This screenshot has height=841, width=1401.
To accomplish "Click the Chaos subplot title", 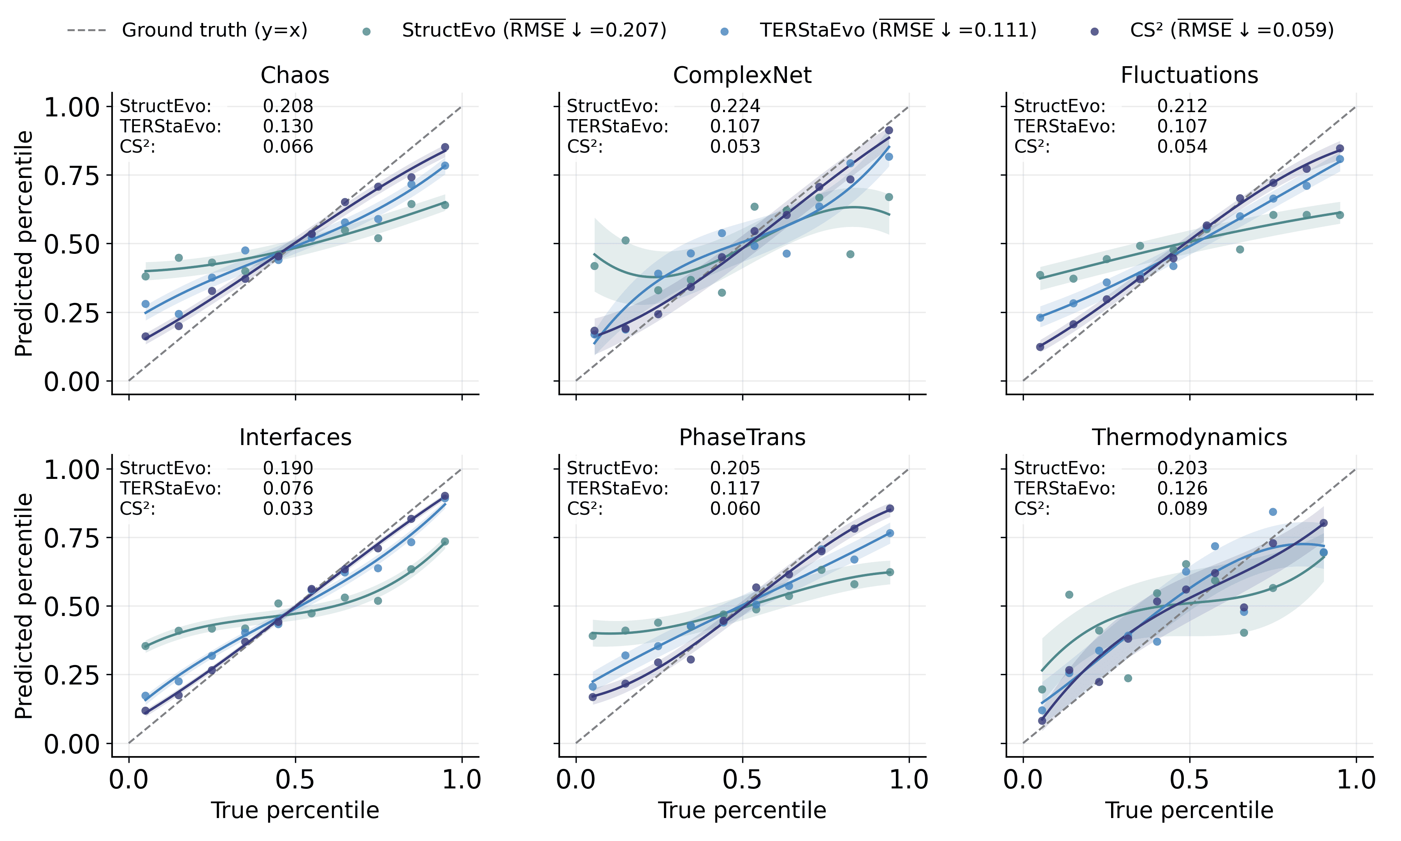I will pos(295,75).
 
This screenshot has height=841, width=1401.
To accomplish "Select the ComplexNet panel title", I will pos(742,75).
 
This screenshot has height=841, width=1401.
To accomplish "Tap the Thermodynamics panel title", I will pos(1189,438).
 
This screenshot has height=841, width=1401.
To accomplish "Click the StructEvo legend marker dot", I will pos(366,32).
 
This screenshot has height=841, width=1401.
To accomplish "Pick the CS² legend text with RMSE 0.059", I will pos(1232,30).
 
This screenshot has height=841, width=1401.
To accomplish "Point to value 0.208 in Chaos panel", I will pos(288,106).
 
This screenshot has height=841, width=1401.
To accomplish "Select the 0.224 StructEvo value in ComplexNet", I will pos(735,106).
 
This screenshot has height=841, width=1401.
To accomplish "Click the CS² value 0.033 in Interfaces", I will pos(288,508).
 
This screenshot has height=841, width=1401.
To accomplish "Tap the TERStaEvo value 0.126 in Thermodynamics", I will pos(1182,488).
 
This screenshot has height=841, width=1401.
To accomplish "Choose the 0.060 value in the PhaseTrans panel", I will pos(735,508).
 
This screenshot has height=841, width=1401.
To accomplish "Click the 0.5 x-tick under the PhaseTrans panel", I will pos(742,780).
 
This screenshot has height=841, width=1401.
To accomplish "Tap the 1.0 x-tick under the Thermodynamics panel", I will pos(1356,780).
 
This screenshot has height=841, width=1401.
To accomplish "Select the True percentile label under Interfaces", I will pos(295,810).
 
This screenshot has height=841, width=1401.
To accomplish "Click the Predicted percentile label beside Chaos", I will pos(24,244).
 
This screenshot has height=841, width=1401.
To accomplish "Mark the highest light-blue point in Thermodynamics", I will pos(1273,512).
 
